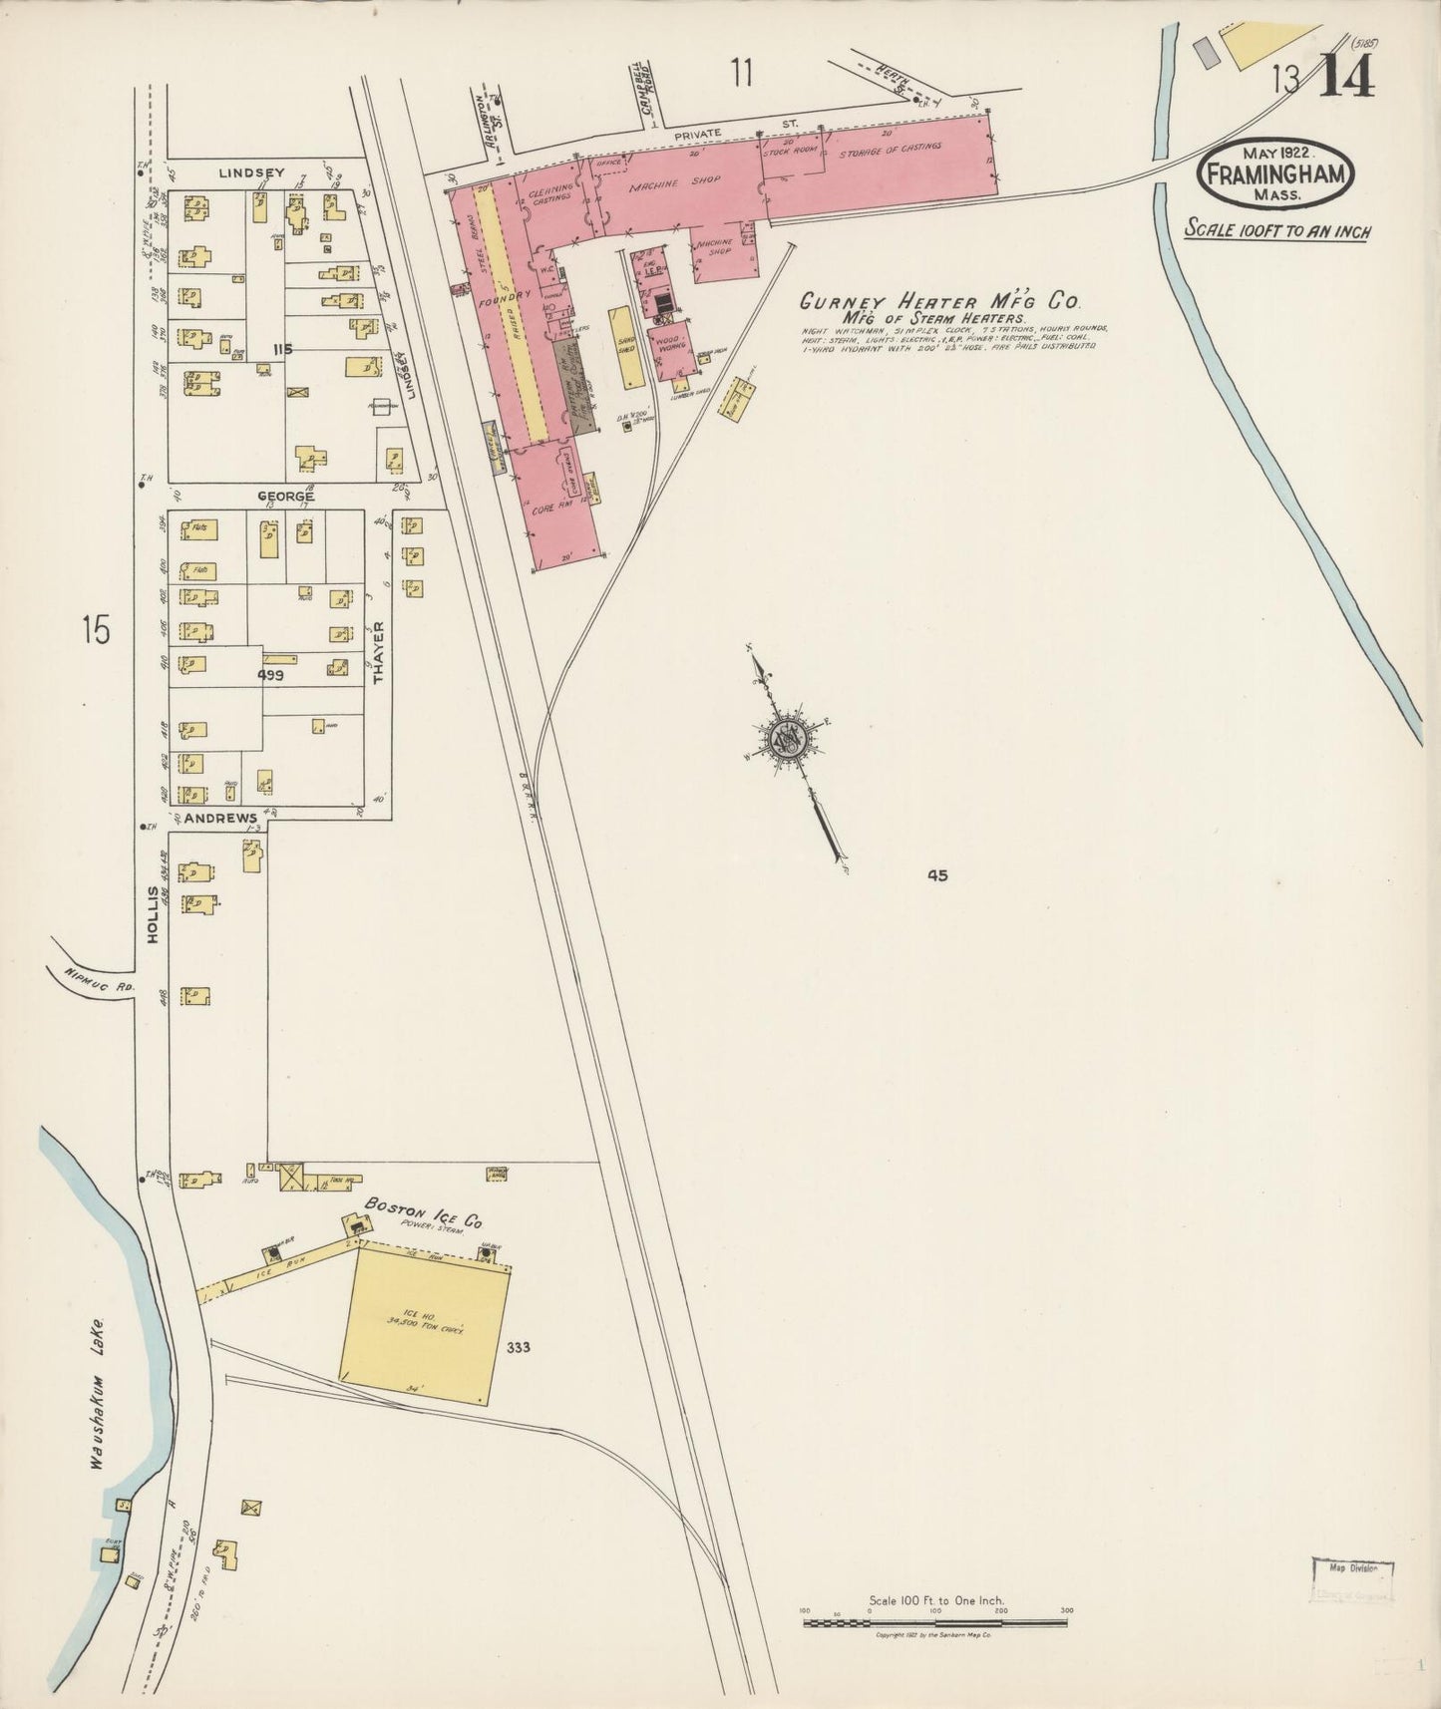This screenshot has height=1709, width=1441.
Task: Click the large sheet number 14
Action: pyautogui.click(x=1347, y=75)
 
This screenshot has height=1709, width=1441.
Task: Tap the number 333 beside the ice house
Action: pyautogui.click(x=519, y=1348)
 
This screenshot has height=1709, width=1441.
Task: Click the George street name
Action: pyautogui.click(x=286, y=496)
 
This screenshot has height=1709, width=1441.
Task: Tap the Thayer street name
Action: pyautogui.click(x=379, y=653)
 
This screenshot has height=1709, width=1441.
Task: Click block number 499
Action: pyautogui.click(x=271, y=675)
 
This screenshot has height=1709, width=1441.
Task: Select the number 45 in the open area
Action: pyautogui.click(x=936, y=875)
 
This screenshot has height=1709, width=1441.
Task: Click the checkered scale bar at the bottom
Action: pyautogui.click(x=934, y=1623)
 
